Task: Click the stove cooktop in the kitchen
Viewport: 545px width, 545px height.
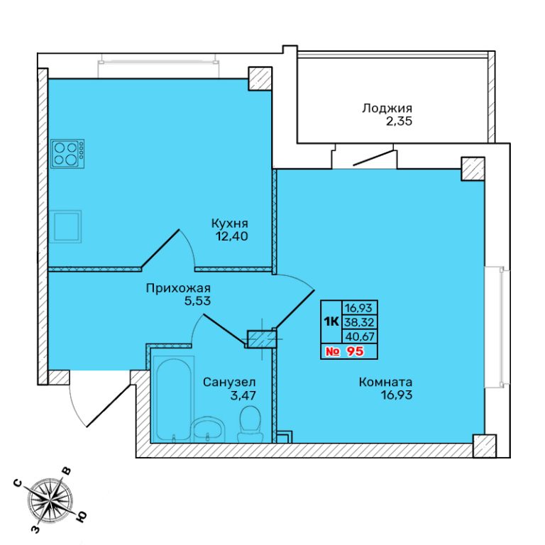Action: coord(67,153)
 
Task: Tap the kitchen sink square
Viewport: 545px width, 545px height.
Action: coord(65,226)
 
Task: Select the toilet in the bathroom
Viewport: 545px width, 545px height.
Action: coord(249,425)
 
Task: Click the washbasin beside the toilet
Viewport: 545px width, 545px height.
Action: coord(207,429)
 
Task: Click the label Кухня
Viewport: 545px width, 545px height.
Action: coord(230,223)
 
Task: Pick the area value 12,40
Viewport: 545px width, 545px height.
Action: coord(231,236)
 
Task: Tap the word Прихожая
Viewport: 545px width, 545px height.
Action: coord(178,288)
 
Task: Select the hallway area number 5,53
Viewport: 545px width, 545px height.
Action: coord(197,301)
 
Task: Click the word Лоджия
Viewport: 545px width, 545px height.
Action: coord(387,108)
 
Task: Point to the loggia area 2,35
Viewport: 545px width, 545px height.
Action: coord(399,121)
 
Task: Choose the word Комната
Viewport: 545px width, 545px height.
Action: coord(385,382)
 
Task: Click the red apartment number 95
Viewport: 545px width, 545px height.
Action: coord(356,351)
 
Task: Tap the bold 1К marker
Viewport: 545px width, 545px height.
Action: coord(331,322)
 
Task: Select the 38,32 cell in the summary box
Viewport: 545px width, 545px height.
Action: coord(359,322)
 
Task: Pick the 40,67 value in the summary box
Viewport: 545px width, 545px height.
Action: coord(359,336)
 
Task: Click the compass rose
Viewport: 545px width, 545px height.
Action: coord(51,500)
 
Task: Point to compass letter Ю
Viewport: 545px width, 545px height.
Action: coord(81,517)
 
